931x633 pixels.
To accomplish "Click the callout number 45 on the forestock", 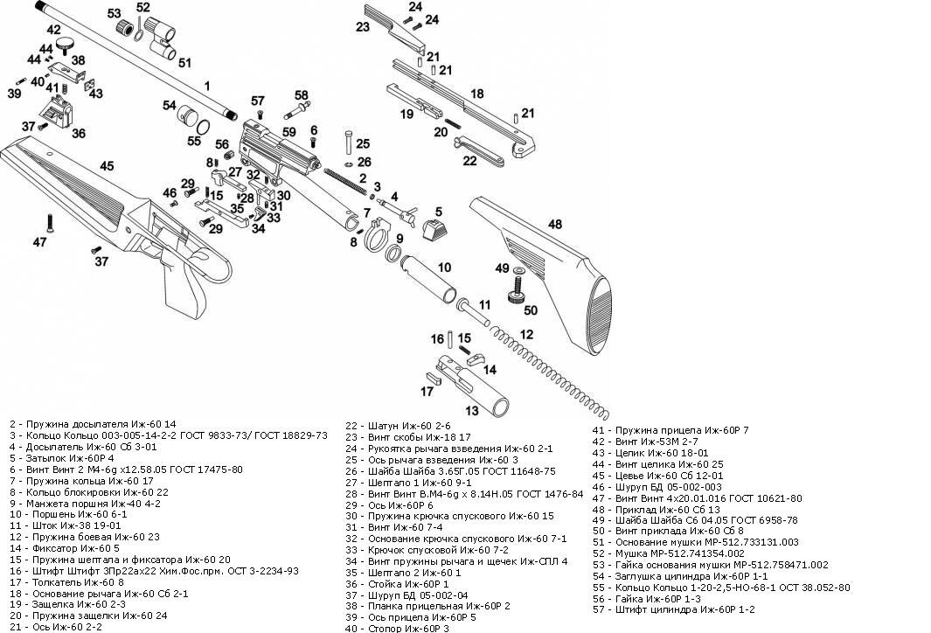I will [x=107, y=166].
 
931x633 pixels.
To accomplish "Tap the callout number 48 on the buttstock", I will [x=555, y=225].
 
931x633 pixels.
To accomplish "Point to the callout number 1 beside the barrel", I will [x=207, y=86].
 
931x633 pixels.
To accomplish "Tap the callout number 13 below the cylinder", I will [x=472, y=410].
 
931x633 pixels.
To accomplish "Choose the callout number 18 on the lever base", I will [x=477, y=94].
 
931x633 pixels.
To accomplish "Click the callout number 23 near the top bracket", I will [x=363, y=27].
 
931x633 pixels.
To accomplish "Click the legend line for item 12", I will [x=85, y=537].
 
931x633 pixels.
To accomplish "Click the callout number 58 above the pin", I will [x=302, y=95].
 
